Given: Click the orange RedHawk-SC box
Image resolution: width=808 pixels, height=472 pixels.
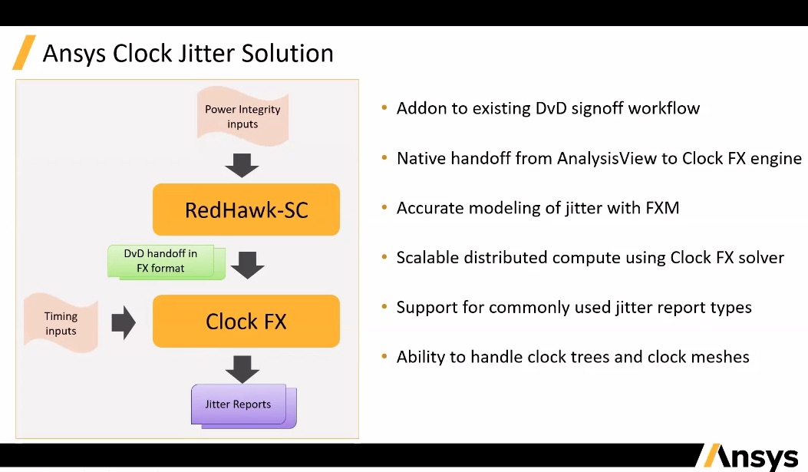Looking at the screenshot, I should [x=246, y=210].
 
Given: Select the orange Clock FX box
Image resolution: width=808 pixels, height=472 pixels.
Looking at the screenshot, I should [x=246, y=321].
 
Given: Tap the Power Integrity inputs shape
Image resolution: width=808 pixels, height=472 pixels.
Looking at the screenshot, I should [x=242, y=116].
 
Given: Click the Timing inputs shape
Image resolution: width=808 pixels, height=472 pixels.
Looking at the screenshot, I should [x=61, y=323].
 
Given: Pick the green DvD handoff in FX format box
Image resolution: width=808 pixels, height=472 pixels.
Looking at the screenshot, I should [x=162, y=261].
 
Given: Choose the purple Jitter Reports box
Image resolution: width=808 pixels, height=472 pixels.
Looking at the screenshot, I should [x=239, y=404].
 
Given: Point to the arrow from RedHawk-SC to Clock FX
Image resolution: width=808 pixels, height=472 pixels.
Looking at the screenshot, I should [x=247, y=264].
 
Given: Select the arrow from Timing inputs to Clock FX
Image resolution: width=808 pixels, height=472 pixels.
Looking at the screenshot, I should [x=124, y=322].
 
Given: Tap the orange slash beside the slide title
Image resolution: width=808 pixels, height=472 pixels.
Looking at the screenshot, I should [x=24, y=52].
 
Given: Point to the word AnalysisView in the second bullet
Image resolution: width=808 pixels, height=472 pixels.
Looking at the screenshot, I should [x=605, y=159].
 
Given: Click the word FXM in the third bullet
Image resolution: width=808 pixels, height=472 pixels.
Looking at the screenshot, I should [x=661, y=208].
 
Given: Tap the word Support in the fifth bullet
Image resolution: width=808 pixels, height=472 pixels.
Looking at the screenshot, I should [x=425, y=308].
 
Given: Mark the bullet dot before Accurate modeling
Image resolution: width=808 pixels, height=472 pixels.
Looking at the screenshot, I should [x=384, y=208].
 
